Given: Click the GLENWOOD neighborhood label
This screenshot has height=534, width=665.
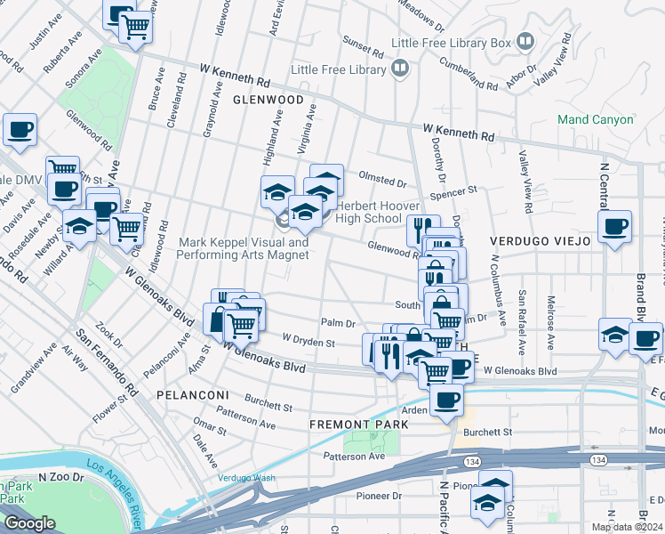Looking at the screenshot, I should point(268,100).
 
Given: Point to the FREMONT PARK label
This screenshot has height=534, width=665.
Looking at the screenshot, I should point(358,425).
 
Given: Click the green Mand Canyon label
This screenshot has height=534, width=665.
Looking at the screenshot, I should point(595,119).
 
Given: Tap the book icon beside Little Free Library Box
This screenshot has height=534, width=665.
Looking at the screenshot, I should point(525,42).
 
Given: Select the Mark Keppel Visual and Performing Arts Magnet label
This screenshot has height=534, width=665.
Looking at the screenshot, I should point(244,248).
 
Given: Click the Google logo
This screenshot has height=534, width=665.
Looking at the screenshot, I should point(29,523).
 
